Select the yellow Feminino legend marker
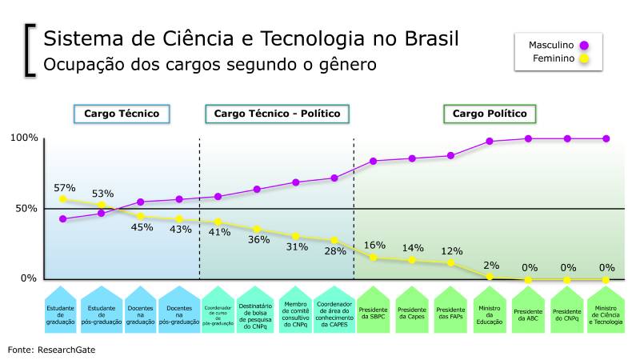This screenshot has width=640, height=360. pyautogui.click(x=585, y=58)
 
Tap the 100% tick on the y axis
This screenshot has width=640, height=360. pyautogui.click(x=24, y=138)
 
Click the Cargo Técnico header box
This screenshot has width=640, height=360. pyautogui.click(x=122, y=114)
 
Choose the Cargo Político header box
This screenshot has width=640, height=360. pyautogui.click(x=490, y=114)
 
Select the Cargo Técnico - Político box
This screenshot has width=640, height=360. pyautogui.click(x=277, y=114)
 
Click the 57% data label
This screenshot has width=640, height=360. pyautogui.click(x=65, y=188)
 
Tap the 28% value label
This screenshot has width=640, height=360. pyautogui.click(x=335, y=251)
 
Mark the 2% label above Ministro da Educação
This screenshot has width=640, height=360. pyautogui.click(x=490, y=265)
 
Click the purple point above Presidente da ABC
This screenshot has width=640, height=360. pyautogui.click(x=528, y=138)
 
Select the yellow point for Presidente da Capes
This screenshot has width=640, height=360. pyautogui.click(x=412, y=260)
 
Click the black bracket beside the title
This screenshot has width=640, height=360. pyautogui.click(x=30, y=50)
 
